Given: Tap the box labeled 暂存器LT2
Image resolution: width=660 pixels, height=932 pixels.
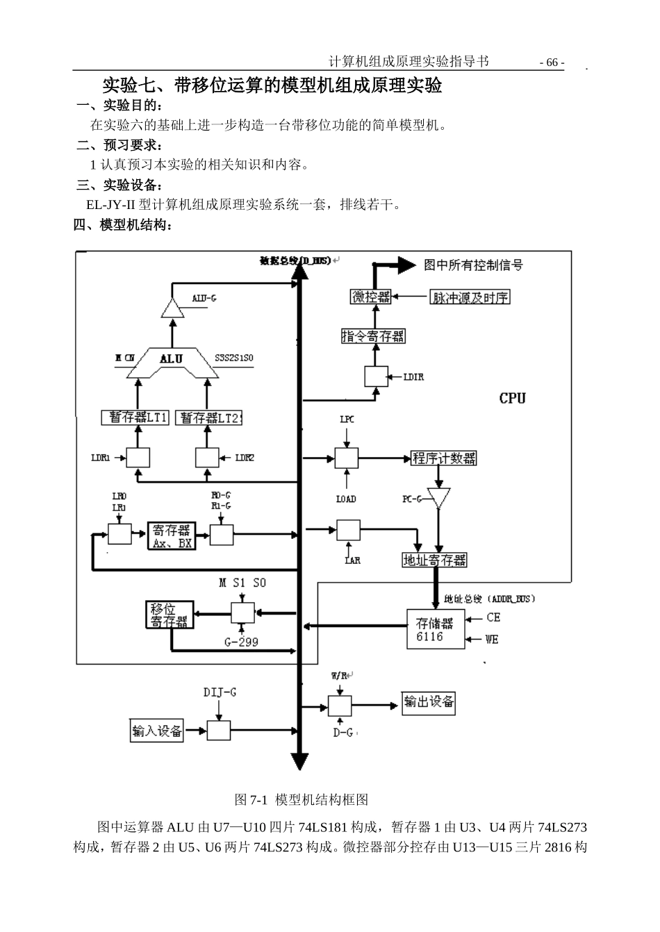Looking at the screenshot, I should pos(208,417).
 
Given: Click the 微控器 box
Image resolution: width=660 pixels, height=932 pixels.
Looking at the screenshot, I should pos(370,297).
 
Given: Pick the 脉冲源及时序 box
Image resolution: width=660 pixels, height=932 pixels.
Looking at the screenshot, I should pos(470,297).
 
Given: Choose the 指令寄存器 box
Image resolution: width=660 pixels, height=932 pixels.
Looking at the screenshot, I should pos(373,336).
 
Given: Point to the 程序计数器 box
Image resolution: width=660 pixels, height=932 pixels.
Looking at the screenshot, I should pos(444,458).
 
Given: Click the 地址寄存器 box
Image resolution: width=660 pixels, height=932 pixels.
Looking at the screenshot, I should pos(435,560).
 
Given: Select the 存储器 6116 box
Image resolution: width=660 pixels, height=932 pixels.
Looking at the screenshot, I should pos(435,629).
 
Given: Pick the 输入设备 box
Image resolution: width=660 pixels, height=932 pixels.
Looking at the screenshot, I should pos(156,731).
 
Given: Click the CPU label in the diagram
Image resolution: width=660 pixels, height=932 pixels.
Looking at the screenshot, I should pos(512,398).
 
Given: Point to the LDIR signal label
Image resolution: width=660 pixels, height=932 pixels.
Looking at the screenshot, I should pos(413,377).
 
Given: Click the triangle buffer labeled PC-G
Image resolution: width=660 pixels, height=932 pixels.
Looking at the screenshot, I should pos(438,497).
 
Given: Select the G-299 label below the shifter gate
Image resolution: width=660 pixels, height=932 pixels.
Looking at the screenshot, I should pos(241,642).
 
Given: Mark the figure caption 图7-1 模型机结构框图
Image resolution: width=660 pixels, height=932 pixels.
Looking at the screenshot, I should pos(302,799).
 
